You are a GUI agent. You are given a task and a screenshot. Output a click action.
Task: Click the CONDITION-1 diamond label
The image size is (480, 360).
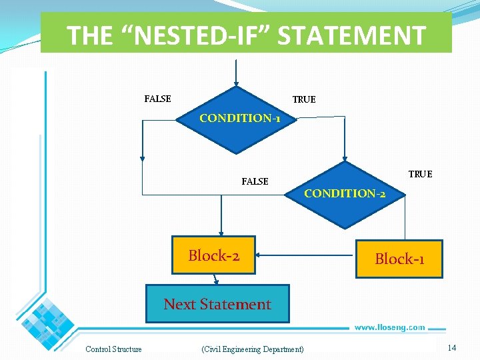(x=239, y=118)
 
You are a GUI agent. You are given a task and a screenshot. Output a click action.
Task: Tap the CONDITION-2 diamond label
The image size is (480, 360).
(x=344, y=193)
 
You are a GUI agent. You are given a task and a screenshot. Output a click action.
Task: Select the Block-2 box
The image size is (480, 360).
(x=213, y=255)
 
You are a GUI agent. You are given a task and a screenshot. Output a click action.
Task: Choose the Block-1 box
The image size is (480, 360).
(x=399, y=259)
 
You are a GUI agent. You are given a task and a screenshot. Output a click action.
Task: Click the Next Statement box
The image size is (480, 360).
(x=217, y=305)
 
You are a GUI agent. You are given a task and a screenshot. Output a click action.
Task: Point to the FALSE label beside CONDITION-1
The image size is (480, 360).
(x=157, y=99)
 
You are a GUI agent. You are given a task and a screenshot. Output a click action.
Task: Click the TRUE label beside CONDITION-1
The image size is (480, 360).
(x=304, y=99)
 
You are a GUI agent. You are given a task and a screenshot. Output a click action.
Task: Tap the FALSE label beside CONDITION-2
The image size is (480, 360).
(x=255, y=181)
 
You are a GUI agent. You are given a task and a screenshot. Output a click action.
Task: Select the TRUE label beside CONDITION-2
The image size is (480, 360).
(x=420, y=174)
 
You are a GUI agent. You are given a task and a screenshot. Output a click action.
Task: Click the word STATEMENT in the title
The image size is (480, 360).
(x=351, y=35)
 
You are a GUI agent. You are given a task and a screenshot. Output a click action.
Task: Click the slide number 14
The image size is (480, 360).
(x=451, y=348)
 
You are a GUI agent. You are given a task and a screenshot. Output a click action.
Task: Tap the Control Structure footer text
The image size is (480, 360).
(x=113, y=349)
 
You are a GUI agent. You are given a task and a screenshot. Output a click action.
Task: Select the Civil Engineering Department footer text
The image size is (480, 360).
(x=252, y=349)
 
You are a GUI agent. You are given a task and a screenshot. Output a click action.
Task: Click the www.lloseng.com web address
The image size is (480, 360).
(x=389, y=327)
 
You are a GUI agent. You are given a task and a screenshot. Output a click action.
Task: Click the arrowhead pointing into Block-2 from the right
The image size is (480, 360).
(x=259, y=254)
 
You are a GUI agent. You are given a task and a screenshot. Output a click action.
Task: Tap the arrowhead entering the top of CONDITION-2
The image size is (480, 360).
(x=345, y=157)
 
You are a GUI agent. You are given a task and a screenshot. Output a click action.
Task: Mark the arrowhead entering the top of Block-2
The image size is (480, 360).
(x=222, y=233)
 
